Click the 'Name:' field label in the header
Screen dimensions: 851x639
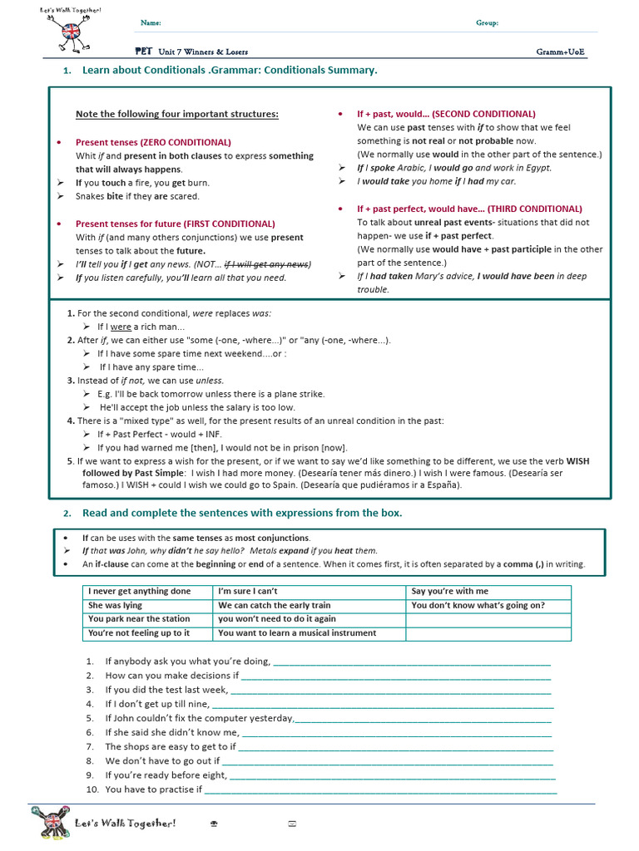(x=151, y=23)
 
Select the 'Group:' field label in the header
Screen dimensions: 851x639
(x=487, y=23)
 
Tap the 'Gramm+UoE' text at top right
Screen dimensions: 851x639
(x=560, y=52)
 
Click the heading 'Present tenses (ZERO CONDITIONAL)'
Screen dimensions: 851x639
(x=153, y=142)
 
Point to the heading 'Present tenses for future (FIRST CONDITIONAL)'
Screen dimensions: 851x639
(x=175, y=224)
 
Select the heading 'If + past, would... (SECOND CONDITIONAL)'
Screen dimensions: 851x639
(x=446, y=114)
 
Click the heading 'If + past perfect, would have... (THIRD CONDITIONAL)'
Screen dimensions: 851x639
(x=469, y=209)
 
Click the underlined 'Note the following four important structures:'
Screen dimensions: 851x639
(x=177, y=114)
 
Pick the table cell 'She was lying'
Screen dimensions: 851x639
(x=116, y=606)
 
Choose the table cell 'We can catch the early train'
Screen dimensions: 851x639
(x=274, y=606)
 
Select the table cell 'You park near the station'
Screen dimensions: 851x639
(x=139, y=619)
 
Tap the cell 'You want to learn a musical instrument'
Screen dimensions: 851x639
(x=297, y=633)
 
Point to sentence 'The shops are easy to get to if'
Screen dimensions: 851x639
(x=171, y=746)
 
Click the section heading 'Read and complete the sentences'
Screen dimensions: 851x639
(x=242, y=513)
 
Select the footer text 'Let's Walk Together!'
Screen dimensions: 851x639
(x=126, y=823)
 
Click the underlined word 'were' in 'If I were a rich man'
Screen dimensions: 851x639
(x=121, y=327)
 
